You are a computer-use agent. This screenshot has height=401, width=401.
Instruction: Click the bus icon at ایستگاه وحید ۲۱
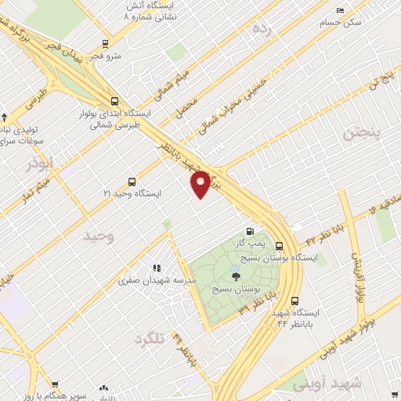coord(132,181)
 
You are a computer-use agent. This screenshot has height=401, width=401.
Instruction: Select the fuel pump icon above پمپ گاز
coord(250,231)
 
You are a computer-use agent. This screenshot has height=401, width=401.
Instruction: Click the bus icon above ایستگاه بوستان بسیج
coord(279,245)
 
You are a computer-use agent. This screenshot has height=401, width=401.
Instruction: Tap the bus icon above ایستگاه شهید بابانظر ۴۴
coord(294,301)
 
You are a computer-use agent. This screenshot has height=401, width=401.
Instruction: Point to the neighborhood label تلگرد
coord(151,338)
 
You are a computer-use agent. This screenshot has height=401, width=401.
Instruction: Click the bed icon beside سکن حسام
coord(338,10)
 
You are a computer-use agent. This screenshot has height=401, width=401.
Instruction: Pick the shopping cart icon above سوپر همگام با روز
coord(54,385)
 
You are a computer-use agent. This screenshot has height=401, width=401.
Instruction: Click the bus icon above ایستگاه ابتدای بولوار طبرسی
coord(115,101)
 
